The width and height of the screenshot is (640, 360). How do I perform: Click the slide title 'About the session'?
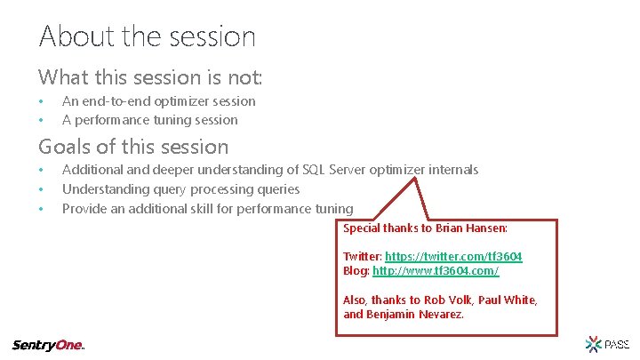point(148,36)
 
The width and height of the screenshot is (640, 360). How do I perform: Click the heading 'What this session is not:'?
point(149,77)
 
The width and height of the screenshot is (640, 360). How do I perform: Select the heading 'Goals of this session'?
point(133,147)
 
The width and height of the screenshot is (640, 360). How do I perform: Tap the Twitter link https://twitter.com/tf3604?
point(453,256)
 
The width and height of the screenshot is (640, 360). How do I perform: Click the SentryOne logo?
point(48,345)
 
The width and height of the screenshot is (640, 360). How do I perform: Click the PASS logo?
point(606,343)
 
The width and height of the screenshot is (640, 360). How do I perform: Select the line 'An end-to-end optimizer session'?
point(158,101)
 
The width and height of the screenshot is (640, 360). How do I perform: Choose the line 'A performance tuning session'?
point(149,120)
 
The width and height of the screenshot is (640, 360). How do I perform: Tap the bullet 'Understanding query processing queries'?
point(180,189)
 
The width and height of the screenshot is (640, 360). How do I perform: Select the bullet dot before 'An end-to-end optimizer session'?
point(40,101)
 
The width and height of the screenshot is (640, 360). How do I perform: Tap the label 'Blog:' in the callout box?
point(356,270)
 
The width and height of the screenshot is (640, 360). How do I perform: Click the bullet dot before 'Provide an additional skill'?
point(40,209)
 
